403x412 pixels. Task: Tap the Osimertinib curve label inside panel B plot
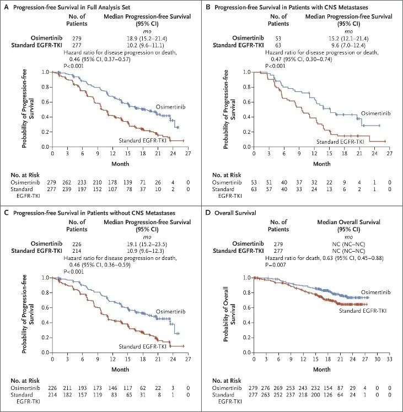(x=375, y=113)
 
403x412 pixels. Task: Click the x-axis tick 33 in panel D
(x=390, y=359)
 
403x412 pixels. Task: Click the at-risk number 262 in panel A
(x=68, y=181)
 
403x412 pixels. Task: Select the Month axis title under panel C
(x=120, y=368)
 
